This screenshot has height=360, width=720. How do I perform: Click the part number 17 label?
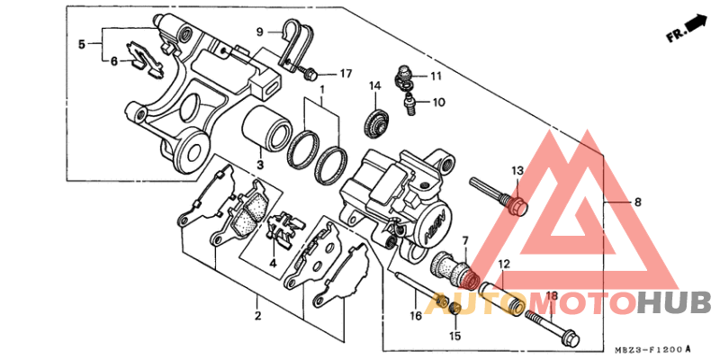(x=346, y=73)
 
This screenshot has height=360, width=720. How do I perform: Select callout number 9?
(x=260, y=31)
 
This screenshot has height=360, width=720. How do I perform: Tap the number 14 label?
(x=374, y=86)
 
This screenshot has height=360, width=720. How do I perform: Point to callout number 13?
(x=517, y=170)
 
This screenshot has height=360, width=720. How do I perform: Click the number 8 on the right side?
(x=637, y=202)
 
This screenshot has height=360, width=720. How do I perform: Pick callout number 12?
(x=504, y=265)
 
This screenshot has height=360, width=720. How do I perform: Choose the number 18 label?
(x=552, y=296)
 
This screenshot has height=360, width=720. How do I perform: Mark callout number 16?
(x=415, y=316)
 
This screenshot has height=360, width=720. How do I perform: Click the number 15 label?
(x=454, y=336)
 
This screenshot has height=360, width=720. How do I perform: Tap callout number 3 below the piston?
(x=258, y=165)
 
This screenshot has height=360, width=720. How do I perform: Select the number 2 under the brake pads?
(x=257, y=317)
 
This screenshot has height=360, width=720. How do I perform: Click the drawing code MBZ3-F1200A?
(x=653, y=348)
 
